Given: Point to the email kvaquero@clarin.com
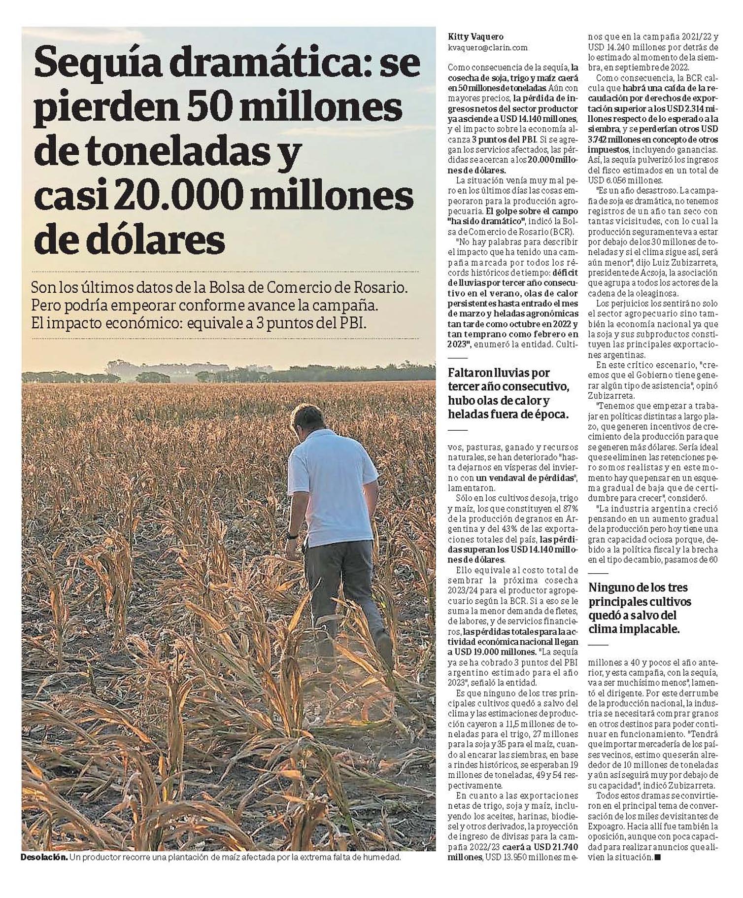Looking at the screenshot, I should tap(487, 47).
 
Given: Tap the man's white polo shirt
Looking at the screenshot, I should tap(333, 485).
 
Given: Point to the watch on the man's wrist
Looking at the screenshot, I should tap(293, 535).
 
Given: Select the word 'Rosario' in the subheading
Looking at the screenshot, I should tap(382, 288).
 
